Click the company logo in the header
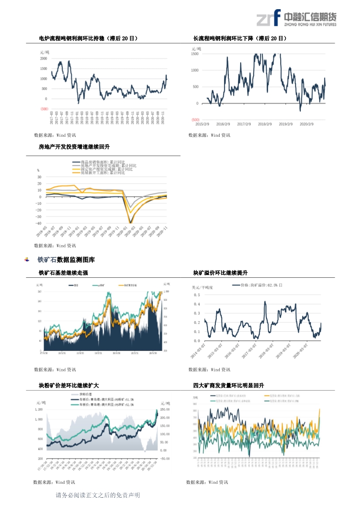click(x=296, y=19)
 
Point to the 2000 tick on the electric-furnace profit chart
click(x=44, y=58)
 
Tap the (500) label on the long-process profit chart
click(x=195, y=120)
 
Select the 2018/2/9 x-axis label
click(x=265, y=124)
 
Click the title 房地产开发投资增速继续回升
click(x=74, y=147)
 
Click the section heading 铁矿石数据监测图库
click(x=66, y=260)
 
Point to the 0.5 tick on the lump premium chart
click(x=197, y=295)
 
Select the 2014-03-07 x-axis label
click(x=198, y=350)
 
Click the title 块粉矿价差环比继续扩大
click(x=69, y=386)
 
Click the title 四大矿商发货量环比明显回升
click(x=229, y=386)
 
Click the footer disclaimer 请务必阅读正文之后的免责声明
click(x=98, y=496)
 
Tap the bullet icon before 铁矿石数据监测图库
click(x=27, y=260)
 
